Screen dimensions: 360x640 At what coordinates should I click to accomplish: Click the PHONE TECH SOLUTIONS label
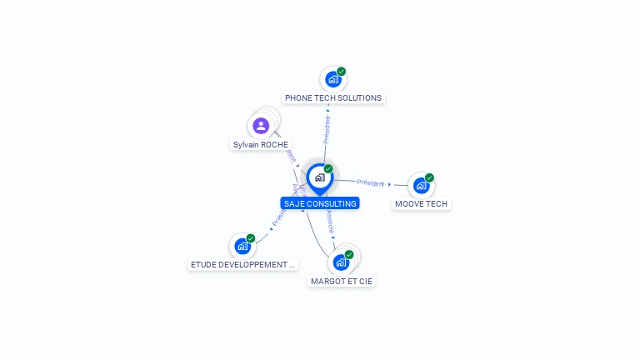[333, 97]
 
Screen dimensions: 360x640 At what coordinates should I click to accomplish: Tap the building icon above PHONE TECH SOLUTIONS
[333, 79]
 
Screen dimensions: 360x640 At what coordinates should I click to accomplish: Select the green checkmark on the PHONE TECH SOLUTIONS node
[342, 72]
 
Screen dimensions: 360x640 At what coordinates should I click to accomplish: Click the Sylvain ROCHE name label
[261, 144]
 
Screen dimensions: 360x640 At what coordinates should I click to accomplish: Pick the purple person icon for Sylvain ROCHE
[261, 126]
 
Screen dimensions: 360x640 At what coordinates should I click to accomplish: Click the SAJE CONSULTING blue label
[320, 203]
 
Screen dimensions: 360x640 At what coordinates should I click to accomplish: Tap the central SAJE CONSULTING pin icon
[319, 177]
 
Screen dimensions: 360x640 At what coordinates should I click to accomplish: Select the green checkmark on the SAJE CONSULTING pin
[328, 169]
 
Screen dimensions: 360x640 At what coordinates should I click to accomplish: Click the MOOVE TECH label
[422, 203]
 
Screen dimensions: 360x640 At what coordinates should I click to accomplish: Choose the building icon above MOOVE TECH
[421, 185]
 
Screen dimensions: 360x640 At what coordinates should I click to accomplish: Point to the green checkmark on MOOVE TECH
[429, 177]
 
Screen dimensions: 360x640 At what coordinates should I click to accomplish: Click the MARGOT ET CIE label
[342, 281]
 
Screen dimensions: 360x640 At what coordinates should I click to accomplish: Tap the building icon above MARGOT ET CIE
[340, 262]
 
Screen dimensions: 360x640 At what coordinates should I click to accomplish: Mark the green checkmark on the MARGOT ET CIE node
[349, 255]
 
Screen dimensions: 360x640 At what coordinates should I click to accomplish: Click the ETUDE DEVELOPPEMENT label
[242, 264]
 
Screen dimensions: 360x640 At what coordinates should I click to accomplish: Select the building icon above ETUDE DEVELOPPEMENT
[242, 246]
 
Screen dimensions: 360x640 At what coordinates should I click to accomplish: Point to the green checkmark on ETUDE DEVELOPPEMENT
[251, 238]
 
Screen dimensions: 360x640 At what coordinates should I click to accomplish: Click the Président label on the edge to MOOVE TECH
[371, 182]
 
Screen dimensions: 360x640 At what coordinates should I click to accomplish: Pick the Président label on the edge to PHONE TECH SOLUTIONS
[327, 129]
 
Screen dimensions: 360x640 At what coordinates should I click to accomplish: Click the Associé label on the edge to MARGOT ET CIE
[331, 220]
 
